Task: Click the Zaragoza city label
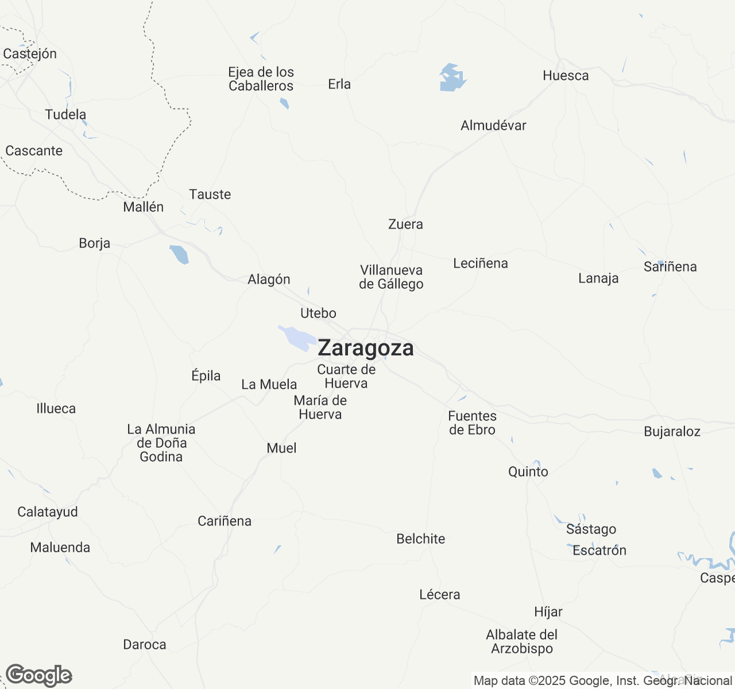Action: coord(365,349)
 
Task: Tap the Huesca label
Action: coord(566,76)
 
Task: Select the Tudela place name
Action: coord(65,114)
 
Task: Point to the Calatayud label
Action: coord(48,512)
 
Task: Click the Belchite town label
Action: coord(421,539)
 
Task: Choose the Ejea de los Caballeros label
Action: coord(261,79)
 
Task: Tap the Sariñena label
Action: coord(670,266)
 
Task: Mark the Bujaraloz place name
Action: coord(672,432)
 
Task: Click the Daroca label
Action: coord(145,644)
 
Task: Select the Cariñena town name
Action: coord(225,521)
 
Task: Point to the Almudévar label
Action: coord(493,125)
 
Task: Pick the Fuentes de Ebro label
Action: coord(472,423)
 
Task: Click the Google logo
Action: coord(38,675)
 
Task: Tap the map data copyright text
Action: coord(602,681)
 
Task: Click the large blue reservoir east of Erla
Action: coord(452,78)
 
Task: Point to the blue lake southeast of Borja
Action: coord(179,254)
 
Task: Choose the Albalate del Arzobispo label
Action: coord(521,641)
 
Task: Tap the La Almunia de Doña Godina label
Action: coord(161,443)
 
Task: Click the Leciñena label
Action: coord(481,263)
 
